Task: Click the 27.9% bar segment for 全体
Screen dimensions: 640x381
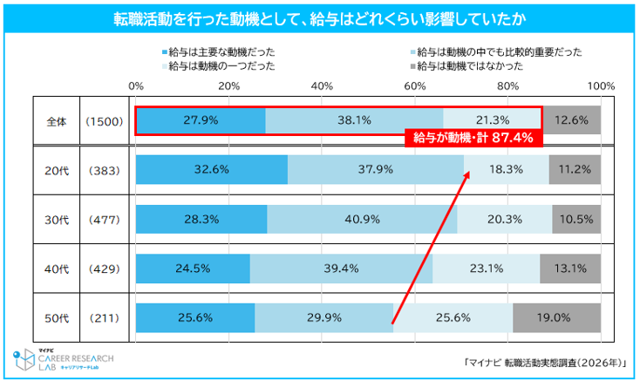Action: click(x=201, y=120)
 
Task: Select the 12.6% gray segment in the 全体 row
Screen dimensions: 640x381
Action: click(x=571, y=120)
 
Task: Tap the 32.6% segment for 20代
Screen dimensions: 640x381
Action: click(x=212, y=170)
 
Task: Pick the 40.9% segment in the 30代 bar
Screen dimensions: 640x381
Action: click(x=362, y=219)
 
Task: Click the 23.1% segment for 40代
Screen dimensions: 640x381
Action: click(x=487, y=269)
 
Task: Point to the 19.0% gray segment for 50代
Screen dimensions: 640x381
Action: click(x=557, y=317)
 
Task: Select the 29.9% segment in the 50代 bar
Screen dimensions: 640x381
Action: click(x=324, y=317)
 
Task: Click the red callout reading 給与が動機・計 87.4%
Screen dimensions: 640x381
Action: click(x=473, y=138)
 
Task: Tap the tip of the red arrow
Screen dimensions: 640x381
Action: click(x=469, y=172)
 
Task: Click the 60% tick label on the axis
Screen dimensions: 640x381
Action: click(x=415, y=86)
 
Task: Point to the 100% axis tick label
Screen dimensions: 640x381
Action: click(x=601, y=86)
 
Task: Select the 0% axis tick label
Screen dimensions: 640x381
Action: click(x=136, y=86)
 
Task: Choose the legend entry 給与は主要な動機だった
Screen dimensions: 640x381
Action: click(x=219, y=52)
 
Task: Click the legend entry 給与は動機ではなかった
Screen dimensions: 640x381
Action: click(x=467, y=66)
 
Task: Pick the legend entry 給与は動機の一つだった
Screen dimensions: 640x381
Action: click(x=219, y=66)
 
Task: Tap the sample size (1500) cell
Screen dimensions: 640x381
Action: click(x=104, y=121)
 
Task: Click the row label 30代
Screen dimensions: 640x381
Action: click(x=57, y=220)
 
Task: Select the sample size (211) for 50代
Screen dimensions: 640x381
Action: click(x=104, y=318)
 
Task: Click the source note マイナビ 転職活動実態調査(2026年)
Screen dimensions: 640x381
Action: click(x=545, y=363)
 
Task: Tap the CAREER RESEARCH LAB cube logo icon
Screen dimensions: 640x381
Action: click(x=24, y=359)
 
